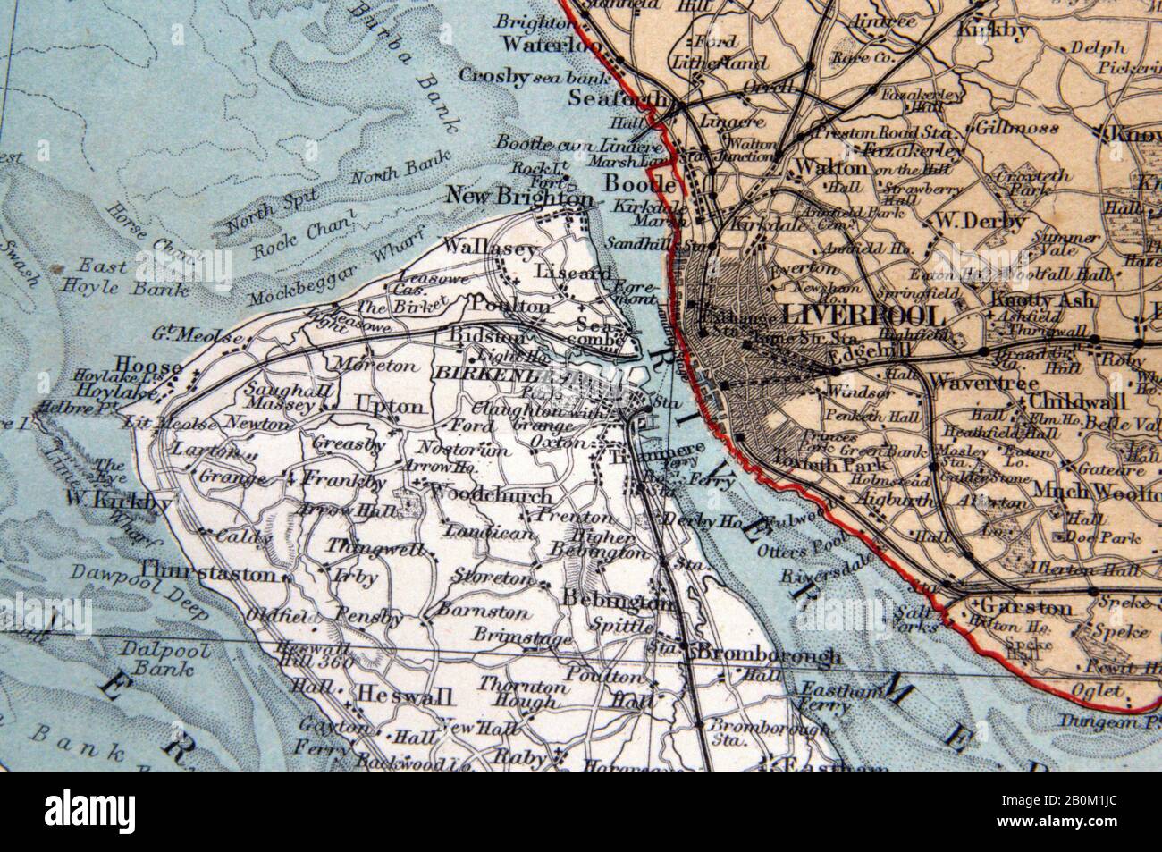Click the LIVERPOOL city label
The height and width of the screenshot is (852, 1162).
tap(862, 316)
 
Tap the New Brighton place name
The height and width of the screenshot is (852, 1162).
tap(518, 196)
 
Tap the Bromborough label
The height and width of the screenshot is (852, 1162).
tap(768, 655)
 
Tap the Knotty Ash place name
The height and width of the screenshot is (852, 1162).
tap(1042, 300)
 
